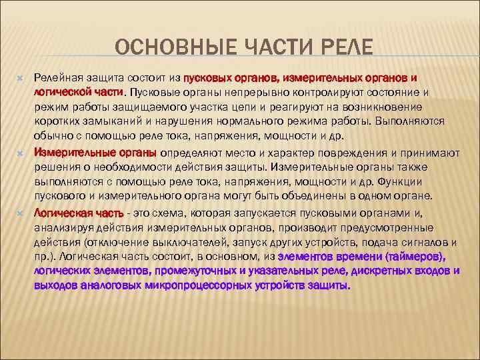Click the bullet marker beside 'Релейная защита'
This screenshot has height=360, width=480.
20,79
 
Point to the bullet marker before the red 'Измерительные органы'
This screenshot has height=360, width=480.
20,152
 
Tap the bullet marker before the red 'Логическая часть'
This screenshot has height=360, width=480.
20,213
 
